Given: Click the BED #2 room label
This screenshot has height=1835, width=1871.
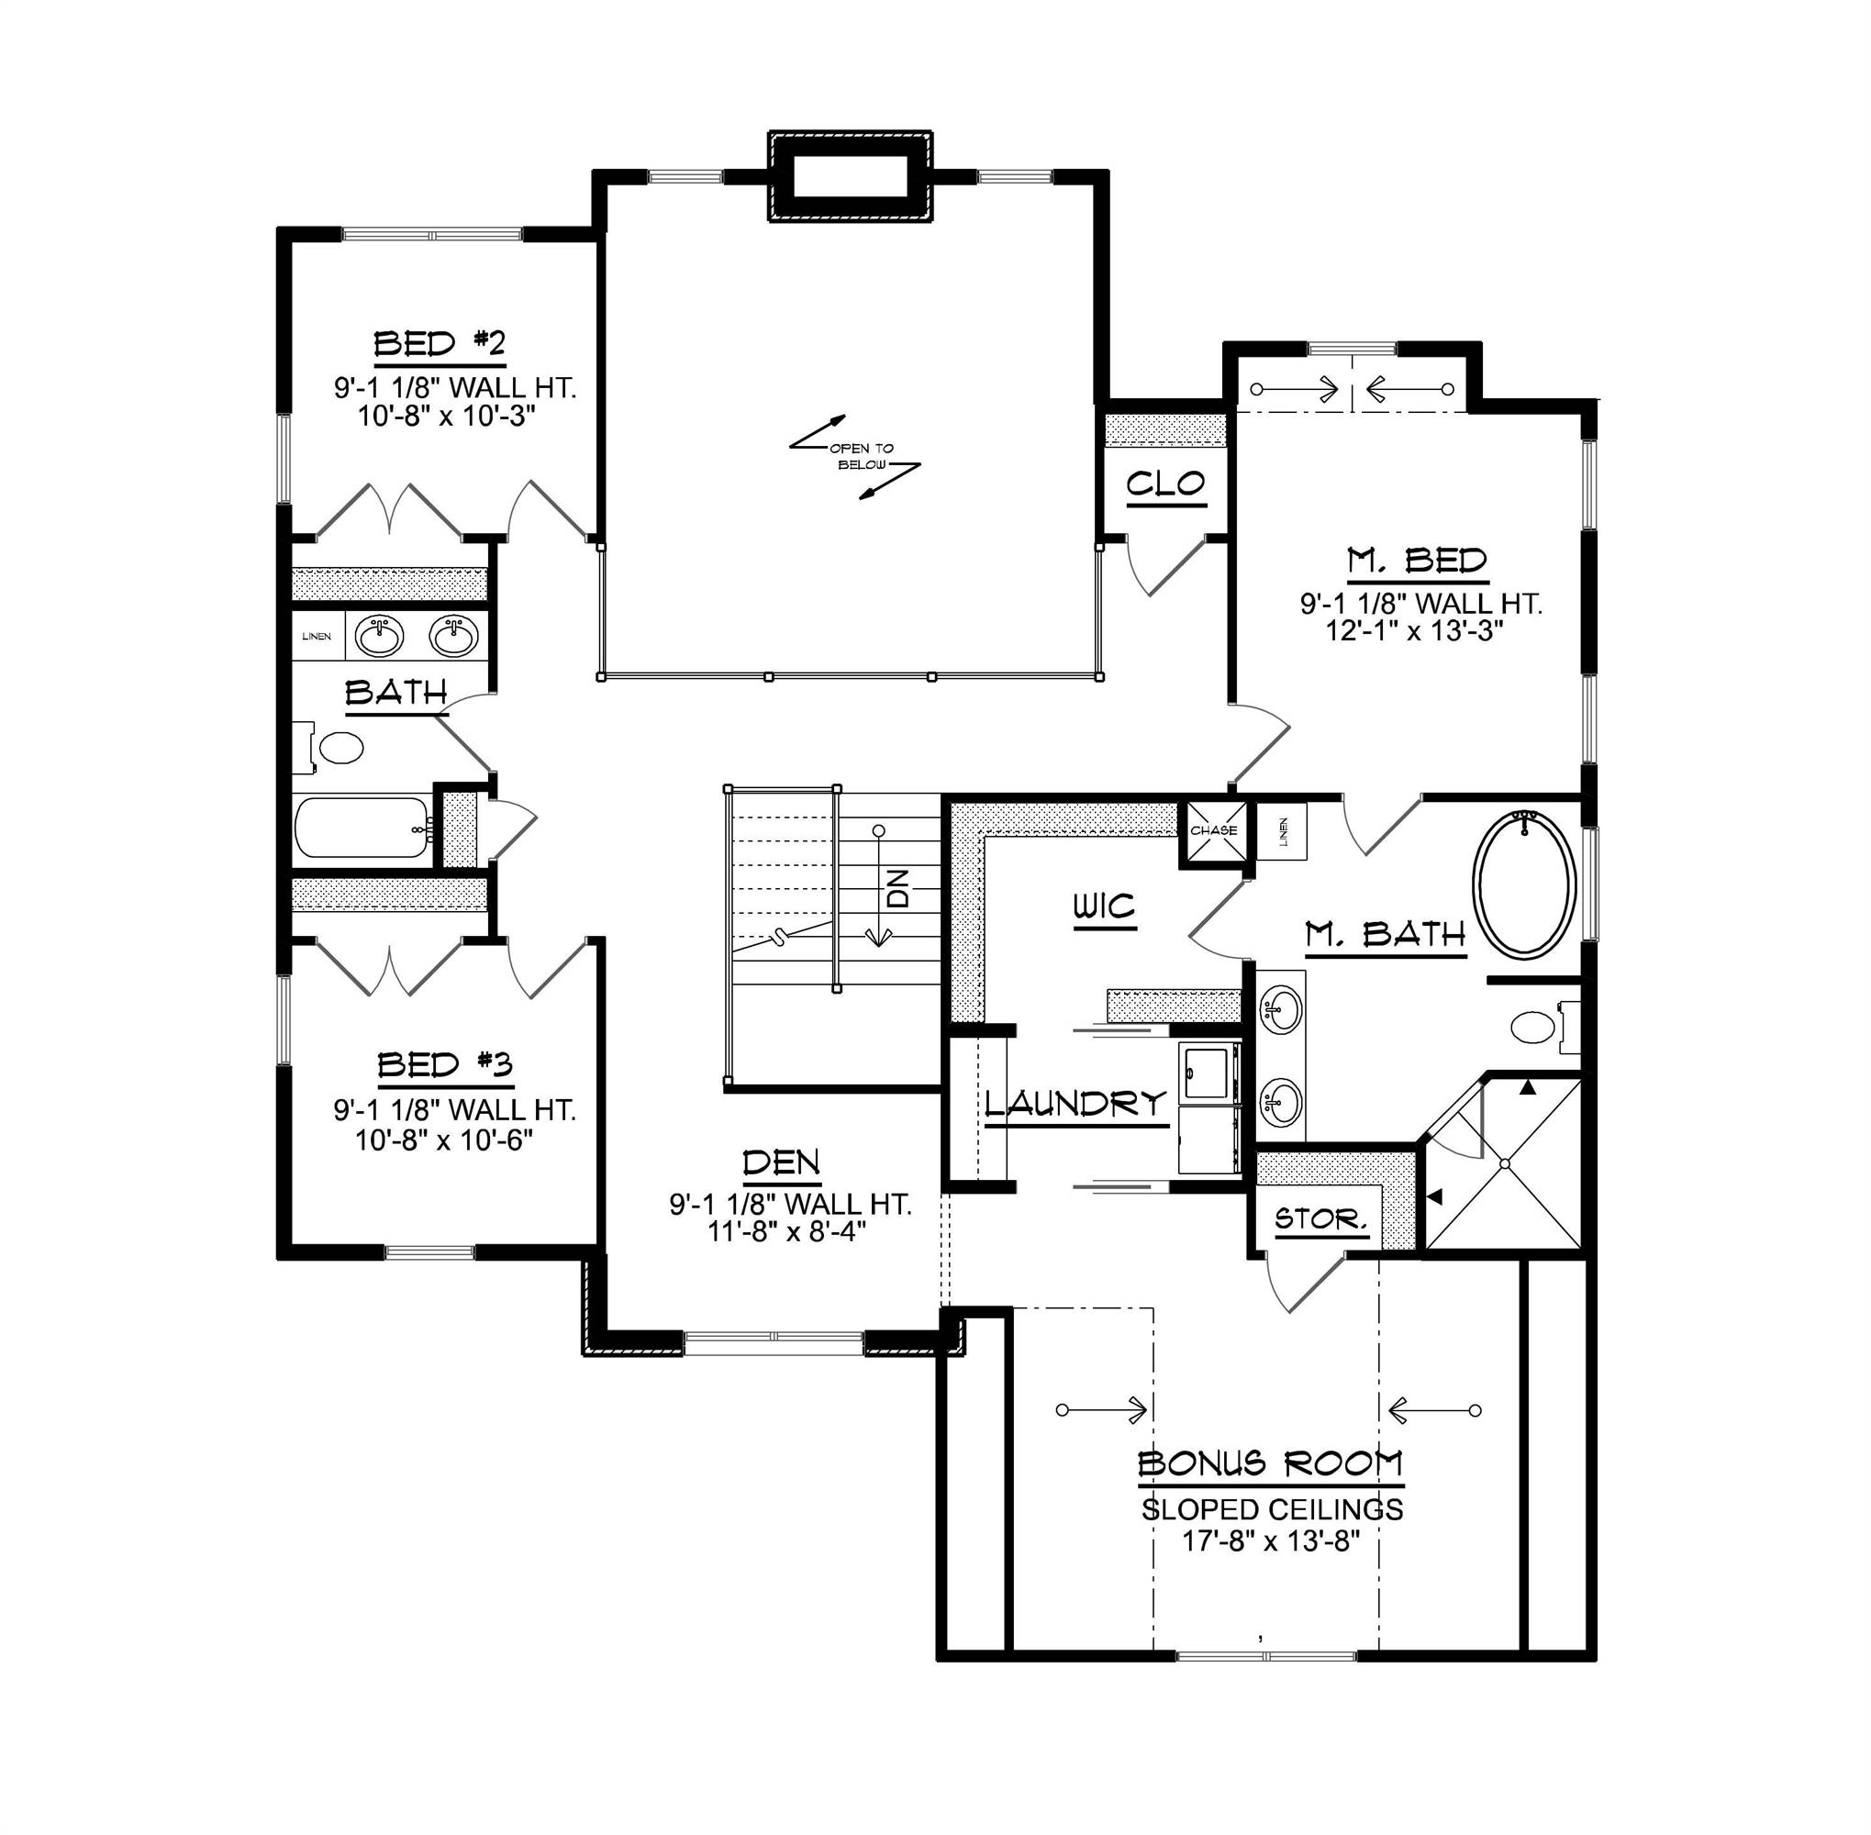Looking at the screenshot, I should [440, 344].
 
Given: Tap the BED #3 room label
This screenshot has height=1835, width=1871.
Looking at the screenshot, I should [444, 1065].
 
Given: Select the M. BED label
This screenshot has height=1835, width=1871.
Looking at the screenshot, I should [1417, 560].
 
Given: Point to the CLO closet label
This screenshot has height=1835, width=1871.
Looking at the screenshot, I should [1165, 483].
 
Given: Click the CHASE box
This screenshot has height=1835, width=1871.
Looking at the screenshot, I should [1213, 829].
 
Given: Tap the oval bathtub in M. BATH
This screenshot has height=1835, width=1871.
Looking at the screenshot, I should [1524, 884].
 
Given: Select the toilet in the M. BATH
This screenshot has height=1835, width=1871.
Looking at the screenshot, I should [1534, 1028].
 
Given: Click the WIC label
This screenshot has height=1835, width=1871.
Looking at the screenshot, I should [1105, 906].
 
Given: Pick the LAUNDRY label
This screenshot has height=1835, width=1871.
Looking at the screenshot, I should [1075, 1104].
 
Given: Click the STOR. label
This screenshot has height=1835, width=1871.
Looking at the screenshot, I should [1320, 1219].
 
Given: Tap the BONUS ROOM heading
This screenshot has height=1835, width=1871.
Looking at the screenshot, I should [1271, 1464].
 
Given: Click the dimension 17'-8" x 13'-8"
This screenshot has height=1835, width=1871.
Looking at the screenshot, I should [1271, 1541].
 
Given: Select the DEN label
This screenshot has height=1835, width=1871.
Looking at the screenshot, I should [782, 1163].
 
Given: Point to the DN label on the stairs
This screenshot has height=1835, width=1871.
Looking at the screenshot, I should [897, 887].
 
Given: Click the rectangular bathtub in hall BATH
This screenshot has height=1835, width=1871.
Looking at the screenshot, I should [362, 827].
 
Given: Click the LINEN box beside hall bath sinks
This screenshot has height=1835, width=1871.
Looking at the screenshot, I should [317, 636].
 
